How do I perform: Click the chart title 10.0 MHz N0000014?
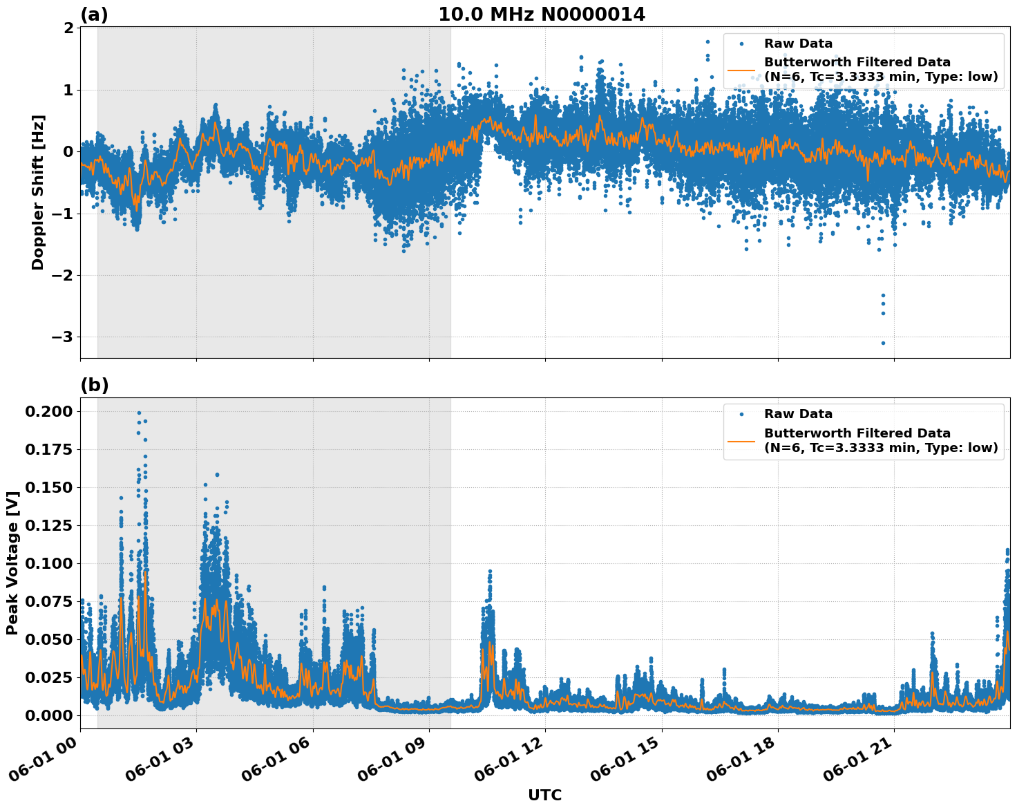pos(542,15)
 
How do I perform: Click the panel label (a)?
pos(94,15)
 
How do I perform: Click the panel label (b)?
pos(94,385)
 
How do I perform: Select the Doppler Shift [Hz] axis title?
pos(38,192)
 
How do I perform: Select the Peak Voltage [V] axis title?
pos(12,563)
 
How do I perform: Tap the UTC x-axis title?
pos(544,795)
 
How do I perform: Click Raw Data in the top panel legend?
pos(798,44)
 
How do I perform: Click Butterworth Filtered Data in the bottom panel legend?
pos(857,433)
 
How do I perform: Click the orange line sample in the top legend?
pos(741,70)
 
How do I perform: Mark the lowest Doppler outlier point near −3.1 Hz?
pos(883,343)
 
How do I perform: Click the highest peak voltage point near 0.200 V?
pos(139,413)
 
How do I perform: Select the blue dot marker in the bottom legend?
pos(741,415)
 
